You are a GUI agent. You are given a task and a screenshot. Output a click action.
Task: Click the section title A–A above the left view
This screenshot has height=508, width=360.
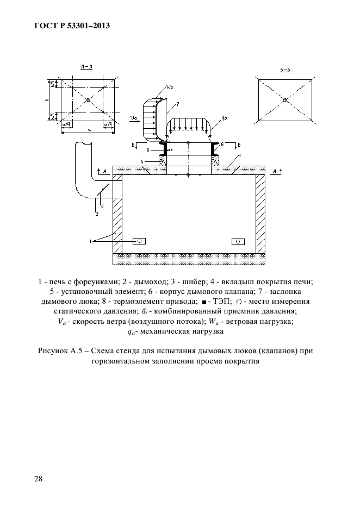click(86, 66)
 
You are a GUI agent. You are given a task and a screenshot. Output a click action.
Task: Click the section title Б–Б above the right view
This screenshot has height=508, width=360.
click(284, 70)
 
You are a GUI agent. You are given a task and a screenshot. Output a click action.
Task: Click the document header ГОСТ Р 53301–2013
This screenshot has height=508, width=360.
click(70, 26)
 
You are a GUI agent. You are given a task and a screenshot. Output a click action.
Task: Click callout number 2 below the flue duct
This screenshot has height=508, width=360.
click(97, 214)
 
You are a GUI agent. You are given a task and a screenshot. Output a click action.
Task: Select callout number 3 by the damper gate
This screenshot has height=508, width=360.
click(102, 205)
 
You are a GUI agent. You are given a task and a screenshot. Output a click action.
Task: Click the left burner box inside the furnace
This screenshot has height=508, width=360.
click(139, 241)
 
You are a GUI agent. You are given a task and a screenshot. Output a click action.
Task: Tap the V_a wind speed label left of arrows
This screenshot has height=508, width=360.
click(133, 117)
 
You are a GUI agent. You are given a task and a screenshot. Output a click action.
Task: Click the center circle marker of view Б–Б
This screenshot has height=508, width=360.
click(284, 99)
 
